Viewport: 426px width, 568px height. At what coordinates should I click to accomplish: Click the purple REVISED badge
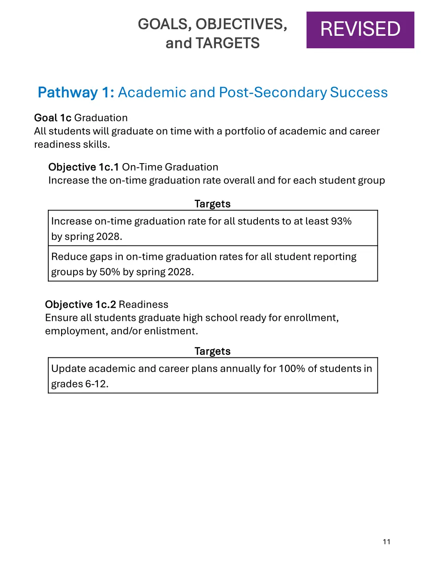tap(360, 30)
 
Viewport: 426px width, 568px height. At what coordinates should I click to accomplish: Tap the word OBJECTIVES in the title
tap(241, 24)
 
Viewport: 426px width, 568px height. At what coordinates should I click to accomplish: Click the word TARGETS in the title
tap(228, 43)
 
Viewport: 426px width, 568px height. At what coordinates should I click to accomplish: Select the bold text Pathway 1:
tap(76, 92)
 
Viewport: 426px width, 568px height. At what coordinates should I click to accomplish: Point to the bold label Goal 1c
tap(53, 118)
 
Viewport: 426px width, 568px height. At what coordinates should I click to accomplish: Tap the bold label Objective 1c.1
tap(84, 167)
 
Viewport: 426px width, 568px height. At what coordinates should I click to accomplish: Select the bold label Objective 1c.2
tap(80, 304)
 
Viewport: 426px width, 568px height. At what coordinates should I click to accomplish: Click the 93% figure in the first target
tap(341, 221)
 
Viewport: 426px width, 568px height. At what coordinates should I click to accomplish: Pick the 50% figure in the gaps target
tap(110, 272)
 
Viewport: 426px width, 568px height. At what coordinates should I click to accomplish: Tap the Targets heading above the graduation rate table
tap(213, 204)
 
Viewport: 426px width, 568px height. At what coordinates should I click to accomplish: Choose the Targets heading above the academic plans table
tap(213, 351)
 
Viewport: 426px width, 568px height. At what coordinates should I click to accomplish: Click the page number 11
tap(386, 542)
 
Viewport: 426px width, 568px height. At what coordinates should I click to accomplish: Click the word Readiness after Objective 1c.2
tap(144, 304)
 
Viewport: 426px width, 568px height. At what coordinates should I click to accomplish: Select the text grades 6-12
tap(79, 384)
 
